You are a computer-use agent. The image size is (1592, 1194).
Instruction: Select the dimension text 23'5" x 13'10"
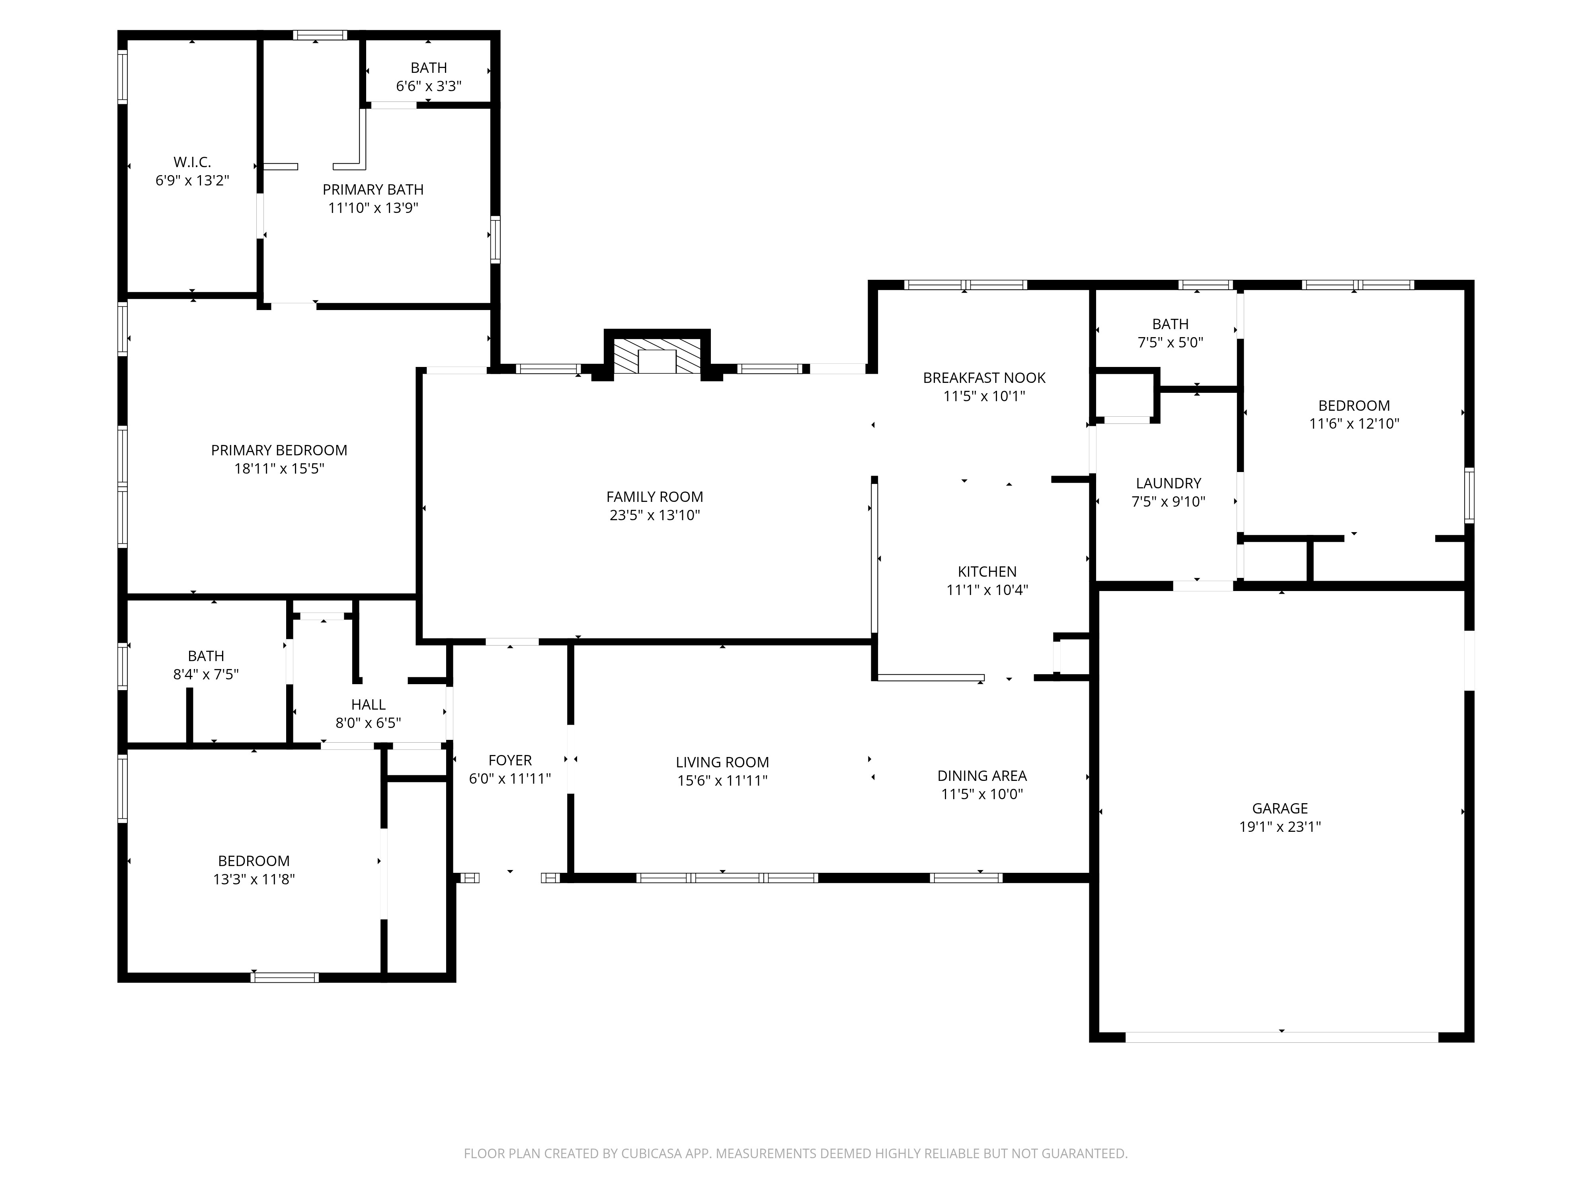pos(654,515)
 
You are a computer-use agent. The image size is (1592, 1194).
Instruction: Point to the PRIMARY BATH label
pos(373,190)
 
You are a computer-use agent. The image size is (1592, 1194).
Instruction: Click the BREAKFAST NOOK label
pos(984,378)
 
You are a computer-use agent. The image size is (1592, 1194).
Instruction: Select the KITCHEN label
pos(987,572)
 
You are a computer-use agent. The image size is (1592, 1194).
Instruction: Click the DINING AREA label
pos(982,776)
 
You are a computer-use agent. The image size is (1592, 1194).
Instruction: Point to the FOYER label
pos(509,761)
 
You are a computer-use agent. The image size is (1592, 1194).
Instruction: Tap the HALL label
pos(368,704)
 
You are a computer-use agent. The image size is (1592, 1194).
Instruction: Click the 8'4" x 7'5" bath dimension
pos(206,674)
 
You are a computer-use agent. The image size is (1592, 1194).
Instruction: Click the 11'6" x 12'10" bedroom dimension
pos(1354,424)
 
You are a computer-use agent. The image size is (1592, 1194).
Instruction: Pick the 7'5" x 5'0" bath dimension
pos(1170,343)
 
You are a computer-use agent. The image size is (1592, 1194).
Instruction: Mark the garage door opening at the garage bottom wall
pos(1281,1037)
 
